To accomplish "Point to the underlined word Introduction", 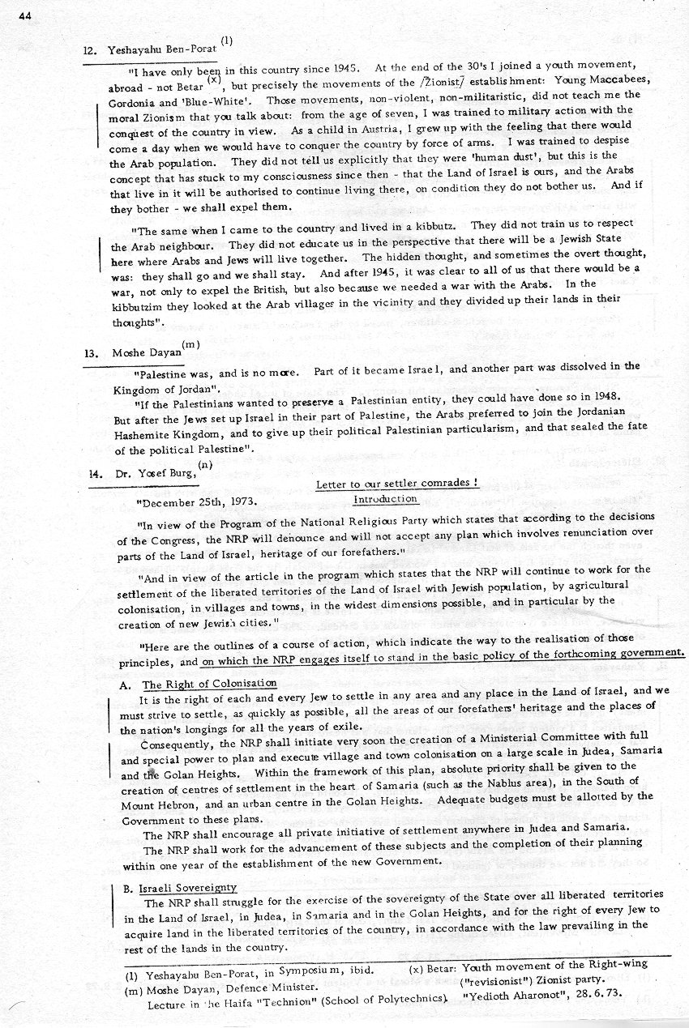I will click(385, 499).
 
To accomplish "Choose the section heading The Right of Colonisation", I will click(209, 685).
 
